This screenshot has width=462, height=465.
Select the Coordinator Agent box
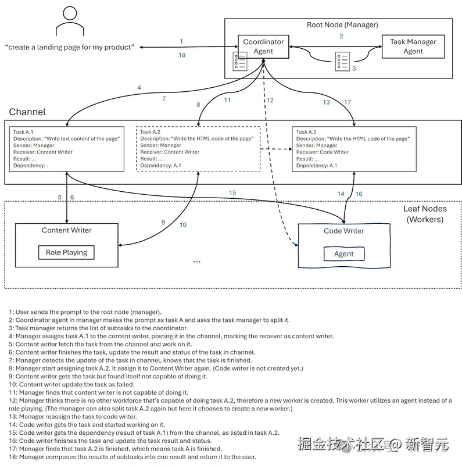click(263, 46)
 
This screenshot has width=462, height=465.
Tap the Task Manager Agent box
click(413, 46)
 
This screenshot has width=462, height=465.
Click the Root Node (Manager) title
click(342, 25)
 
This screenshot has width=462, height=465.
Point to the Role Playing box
click(66, 252)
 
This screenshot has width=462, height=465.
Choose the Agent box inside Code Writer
click(343, 254)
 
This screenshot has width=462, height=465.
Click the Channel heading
click(27, 112)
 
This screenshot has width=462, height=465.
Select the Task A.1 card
click(67, 149)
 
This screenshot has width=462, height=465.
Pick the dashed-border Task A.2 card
click(198, 149)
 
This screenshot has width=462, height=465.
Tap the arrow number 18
click(182, 55)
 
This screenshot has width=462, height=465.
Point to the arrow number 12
click(270, 101)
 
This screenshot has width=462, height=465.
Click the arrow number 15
click(232, 192)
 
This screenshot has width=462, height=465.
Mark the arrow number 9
click(163, 222)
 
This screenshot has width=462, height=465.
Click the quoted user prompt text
click(69, 47)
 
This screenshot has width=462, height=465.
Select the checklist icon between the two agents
click(341, 61)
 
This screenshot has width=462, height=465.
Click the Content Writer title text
click(66, 230)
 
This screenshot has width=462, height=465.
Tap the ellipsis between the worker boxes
click(196, 262)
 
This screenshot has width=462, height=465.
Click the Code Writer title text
click(343, 231)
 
